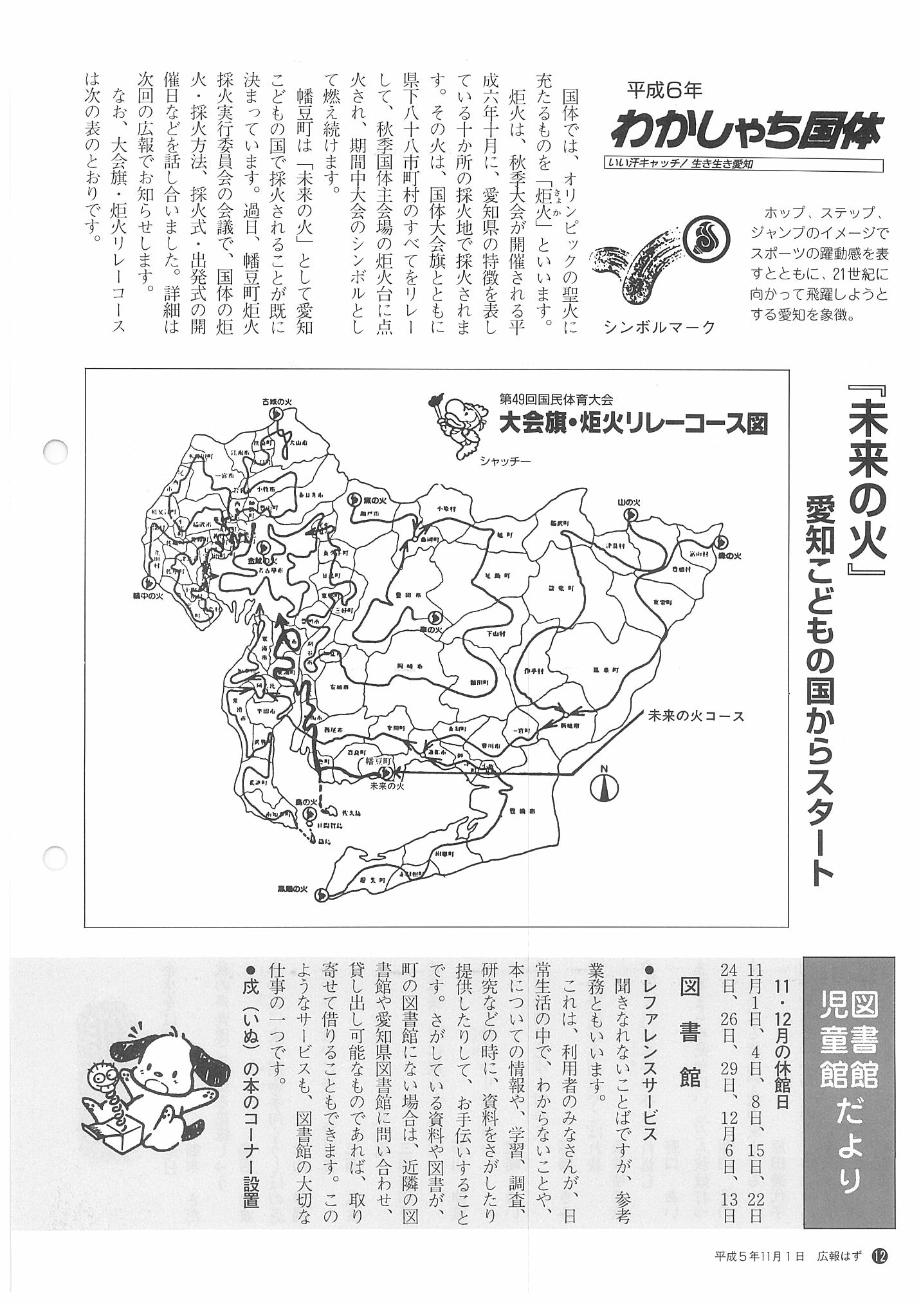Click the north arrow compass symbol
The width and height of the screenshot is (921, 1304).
605,785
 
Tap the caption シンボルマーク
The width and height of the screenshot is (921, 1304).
659,327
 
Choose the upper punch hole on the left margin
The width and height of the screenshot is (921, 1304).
55,448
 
